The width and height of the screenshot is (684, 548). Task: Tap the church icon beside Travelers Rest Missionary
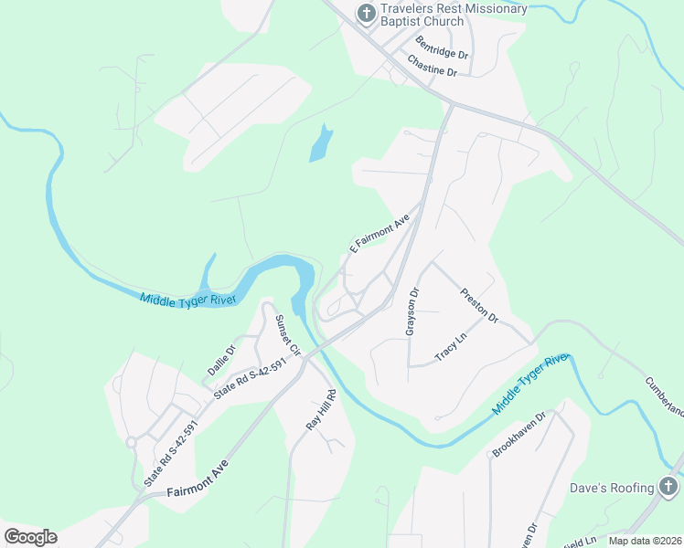pos(365,13)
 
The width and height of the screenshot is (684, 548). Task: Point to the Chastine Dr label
pos(433,65)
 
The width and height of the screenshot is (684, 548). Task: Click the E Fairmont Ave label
pos(379,234)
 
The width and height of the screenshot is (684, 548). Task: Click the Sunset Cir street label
pos(288,335)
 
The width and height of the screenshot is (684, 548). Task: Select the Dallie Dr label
pos(221,359)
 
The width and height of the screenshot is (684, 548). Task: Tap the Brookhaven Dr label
pos(518,432)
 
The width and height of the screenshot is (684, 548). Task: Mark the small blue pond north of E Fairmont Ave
pos(320,143)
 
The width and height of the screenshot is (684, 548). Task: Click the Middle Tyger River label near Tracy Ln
pos(530,384)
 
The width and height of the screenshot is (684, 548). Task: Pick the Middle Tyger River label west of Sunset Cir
pos(188,299)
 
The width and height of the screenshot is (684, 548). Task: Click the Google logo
pos(30,537)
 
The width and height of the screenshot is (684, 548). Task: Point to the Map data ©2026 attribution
pos(645,541)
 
